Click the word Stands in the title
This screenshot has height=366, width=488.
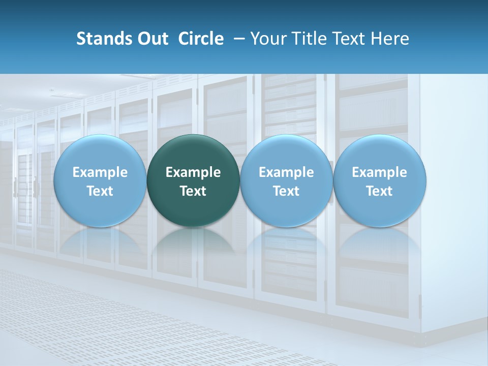click(x=103, y=39)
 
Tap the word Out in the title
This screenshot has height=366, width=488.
click(x=151, y=39)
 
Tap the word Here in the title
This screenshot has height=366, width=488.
click(x=390, y=39)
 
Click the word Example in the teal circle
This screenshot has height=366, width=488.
click(x=193, y=172)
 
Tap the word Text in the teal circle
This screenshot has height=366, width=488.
click(x=193, y=191)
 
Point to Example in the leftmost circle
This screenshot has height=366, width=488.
click(x=100, y=172)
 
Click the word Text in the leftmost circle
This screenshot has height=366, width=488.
click(x=100, y=191)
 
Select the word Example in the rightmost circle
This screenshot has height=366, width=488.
click(x=380, y=172)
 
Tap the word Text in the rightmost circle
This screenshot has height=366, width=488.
click(x=380, y=191)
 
